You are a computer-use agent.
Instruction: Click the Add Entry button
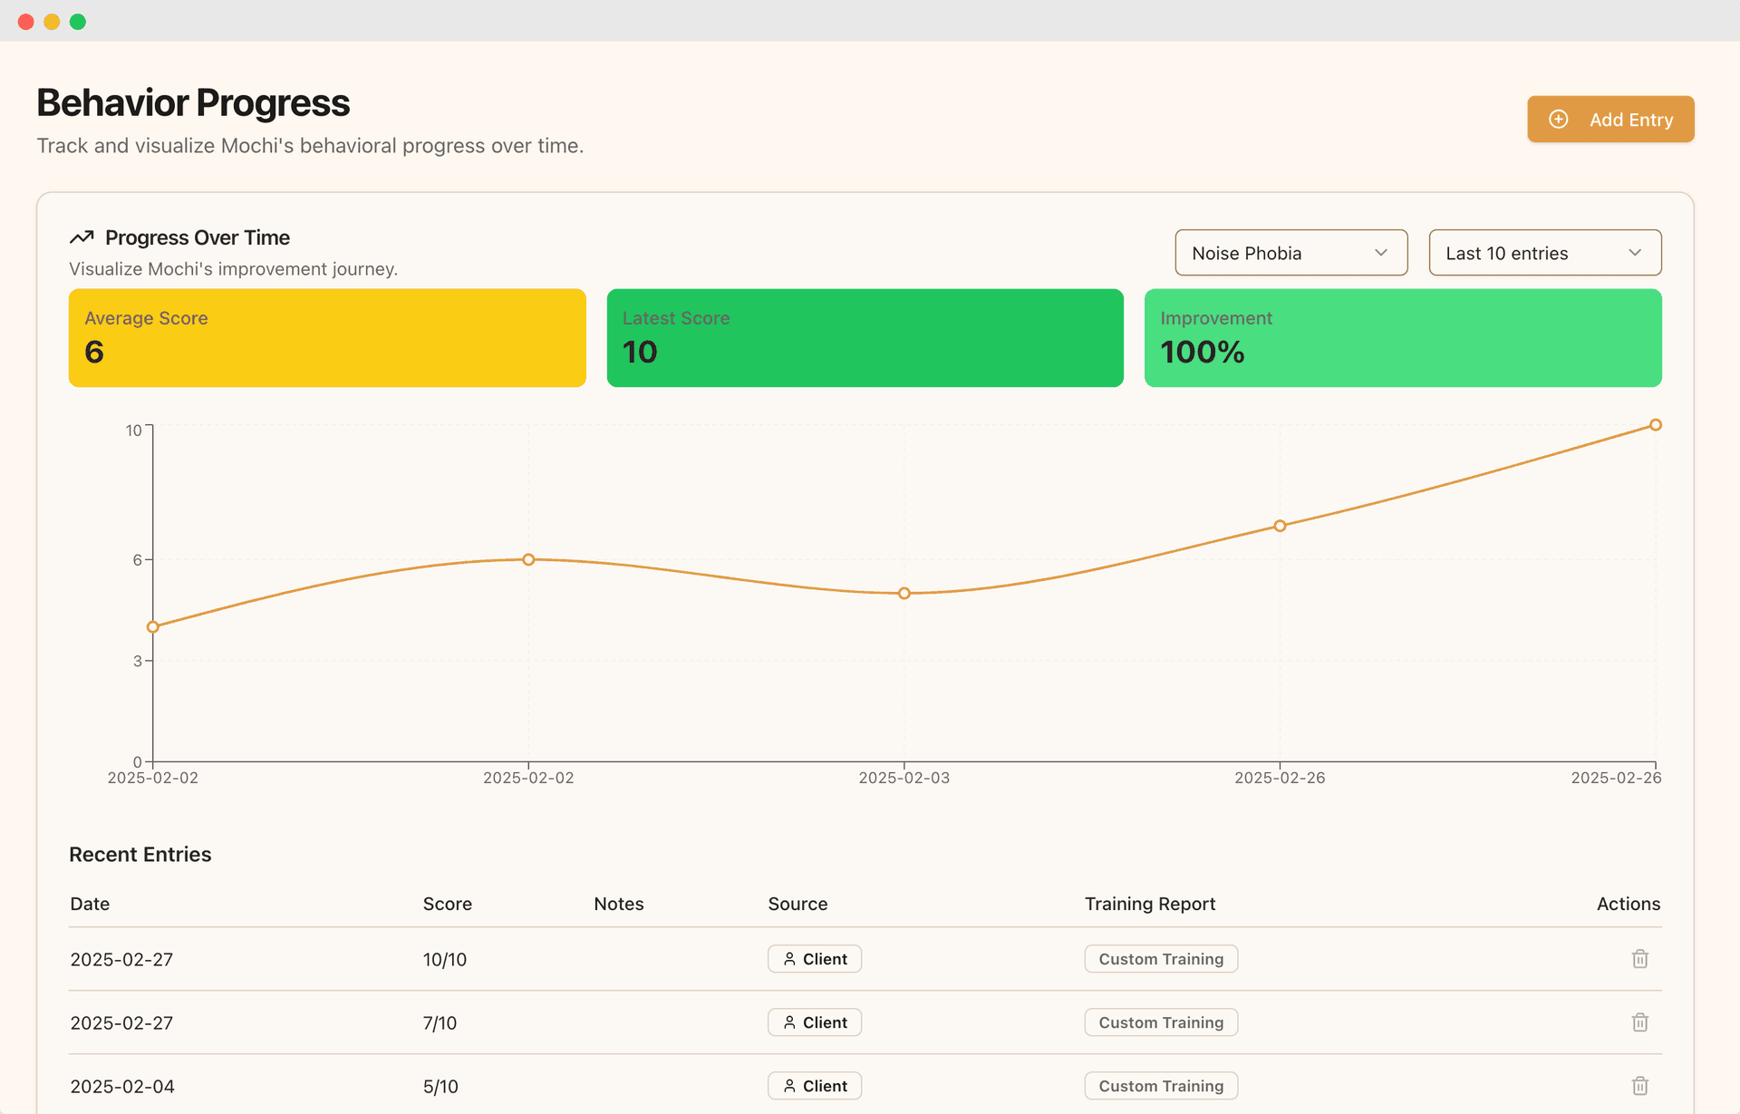1610,120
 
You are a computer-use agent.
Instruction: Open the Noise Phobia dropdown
1290,253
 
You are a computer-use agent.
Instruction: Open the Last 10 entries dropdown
1544,253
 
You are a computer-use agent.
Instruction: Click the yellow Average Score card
327,338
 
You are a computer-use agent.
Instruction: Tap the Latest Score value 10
640,352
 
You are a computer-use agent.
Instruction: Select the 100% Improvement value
1203,352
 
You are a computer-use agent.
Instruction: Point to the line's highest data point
1655,425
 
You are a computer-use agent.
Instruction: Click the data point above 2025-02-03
904,594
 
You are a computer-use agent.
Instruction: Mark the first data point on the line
153,627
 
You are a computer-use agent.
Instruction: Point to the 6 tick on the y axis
138,560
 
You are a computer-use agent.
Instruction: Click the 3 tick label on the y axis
138,662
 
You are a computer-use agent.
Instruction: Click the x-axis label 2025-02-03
904,778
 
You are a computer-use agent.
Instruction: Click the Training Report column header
1149,904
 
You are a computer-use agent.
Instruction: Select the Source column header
797,904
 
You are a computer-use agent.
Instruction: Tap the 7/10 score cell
440,1022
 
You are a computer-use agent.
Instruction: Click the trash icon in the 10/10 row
1639,959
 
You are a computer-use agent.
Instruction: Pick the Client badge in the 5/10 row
815,1086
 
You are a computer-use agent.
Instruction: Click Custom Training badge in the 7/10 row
1161,1022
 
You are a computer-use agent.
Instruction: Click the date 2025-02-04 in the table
122,1086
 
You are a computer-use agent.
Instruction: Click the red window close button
26,22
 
